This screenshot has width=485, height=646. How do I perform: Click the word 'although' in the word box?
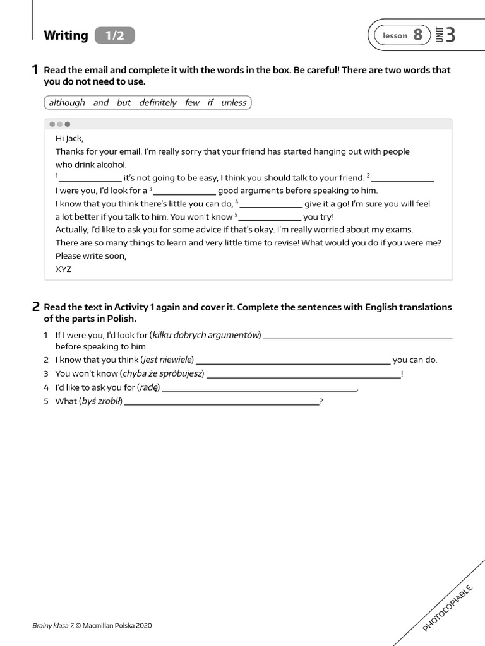pos(67,103)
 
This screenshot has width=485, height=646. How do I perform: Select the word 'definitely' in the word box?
pos(158,103)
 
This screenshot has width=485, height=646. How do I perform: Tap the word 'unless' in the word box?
pos(234,103)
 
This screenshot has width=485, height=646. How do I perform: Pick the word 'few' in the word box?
pos(192,103)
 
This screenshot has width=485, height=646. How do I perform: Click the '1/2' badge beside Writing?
pos(115,36)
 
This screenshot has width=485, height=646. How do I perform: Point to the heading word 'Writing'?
pos(66,36)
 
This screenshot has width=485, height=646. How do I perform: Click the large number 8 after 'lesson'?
pos(417,35)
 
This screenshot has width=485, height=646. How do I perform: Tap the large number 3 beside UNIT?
pos(450,35)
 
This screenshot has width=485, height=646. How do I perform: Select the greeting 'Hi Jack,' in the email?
pos(69,139)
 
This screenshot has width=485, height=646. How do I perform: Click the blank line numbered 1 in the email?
pos(90,180)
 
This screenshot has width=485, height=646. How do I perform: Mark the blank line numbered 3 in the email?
pos(184,193)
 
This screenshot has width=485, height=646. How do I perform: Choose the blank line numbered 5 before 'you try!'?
pos(270,220)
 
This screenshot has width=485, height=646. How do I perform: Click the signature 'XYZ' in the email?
pos(64,269)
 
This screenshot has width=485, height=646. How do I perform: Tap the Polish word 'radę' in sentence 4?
pos(148,387)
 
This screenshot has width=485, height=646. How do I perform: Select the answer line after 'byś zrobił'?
pos(222,403)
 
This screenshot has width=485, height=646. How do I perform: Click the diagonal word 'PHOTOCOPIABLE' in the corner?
pos(447,608)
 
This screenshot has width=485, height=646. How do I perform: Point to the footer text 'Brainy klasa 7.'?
pos(53,626)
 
